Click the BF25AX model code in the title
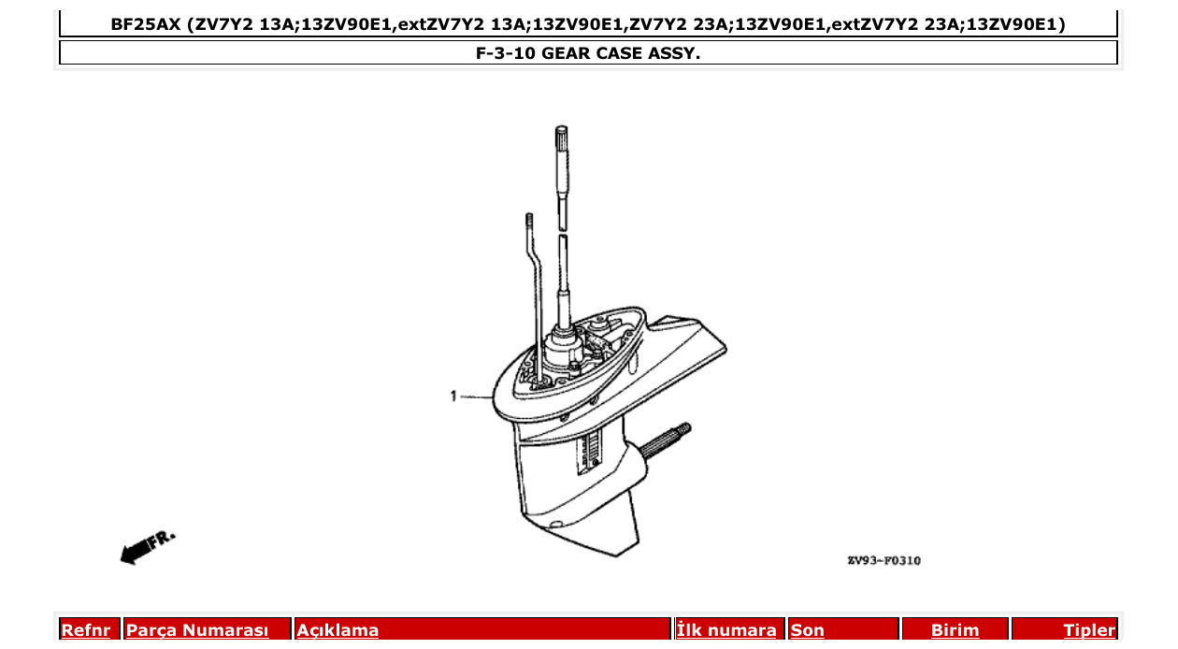point(145,24)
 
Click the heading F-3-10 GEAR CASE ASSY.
point(588,53)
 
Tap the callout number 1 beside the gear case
point(453,397)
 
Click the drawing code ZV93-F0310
point(883,561)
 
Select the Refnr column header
point(85,630)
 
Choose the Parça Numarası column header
point(197,630)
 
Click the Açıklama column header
point(338,630)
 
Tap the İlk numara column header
point(726,630)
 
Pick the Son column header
point(808,630)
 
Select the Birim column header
point(955,630)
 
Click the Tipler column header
point(1089,630)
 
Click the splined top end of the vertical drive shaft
point(562,140)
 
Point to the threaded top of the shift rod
point(528,221)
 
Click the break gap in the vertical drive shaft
point(563,232)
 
